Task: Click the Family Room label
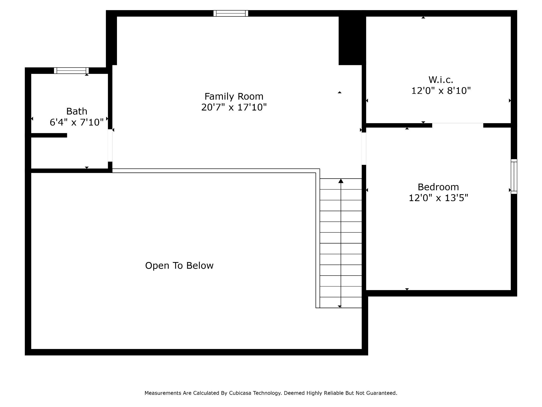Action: point(234,96)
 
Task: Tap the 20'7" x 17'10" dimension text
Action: point(234,107)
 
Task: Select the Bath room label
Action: point(76,111)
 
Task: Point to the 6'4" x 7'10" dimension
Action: point(76,122)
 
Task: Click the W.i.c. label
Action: point(441,79)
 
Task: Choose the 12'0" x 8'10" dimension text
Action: point(441,91)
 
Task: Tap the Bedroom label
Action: point(438,187)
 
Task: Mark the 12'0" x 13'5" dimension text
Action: point(438,198)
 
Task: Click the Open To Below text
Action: point(179,266)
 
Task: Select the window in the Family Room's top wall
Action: point(231,13)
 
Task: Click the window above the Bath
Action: point(71,70)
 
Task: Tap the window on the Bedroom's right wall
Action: point(514,176)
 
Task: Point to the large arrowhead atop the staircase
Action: point(341,181)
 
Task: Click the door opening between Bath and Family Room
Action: point(110,145)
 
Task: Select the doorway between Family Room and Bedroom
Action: point(364,148)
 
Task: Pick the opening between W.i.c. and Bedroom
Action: point(458,125)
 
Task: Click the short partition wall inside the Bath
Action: point(49,135)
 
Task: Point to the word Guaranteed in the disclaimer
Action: point(381,393)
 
